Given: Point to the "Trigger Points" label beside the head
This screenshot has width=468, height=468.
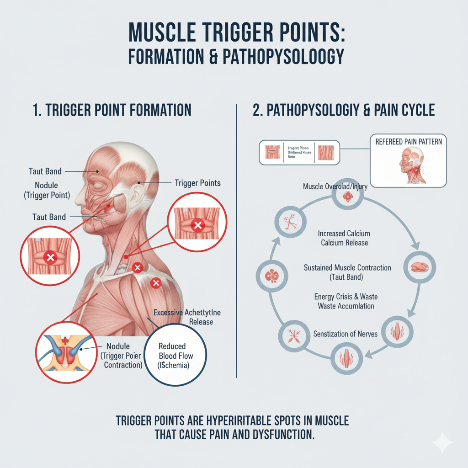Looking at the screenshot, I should [197, 183].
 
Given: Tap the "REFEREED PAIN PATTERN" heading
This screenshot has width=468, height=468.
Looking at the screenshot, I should [409, 141].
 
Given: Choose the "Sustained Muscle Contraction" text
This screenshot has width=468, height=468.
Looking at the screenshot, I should [347, 267].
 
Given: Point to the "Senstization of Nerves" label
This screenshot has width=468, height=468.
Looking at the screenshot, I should [346, 334].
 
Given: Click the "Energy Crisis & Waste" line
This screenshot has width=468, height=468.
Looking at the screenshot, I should [346, 297].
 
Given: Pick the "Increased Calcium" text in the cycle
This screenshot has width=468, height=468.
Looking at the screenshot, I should [344, 234].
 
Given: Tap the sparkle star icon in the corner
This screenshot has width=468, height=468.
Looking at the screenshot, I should [442, 442].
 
